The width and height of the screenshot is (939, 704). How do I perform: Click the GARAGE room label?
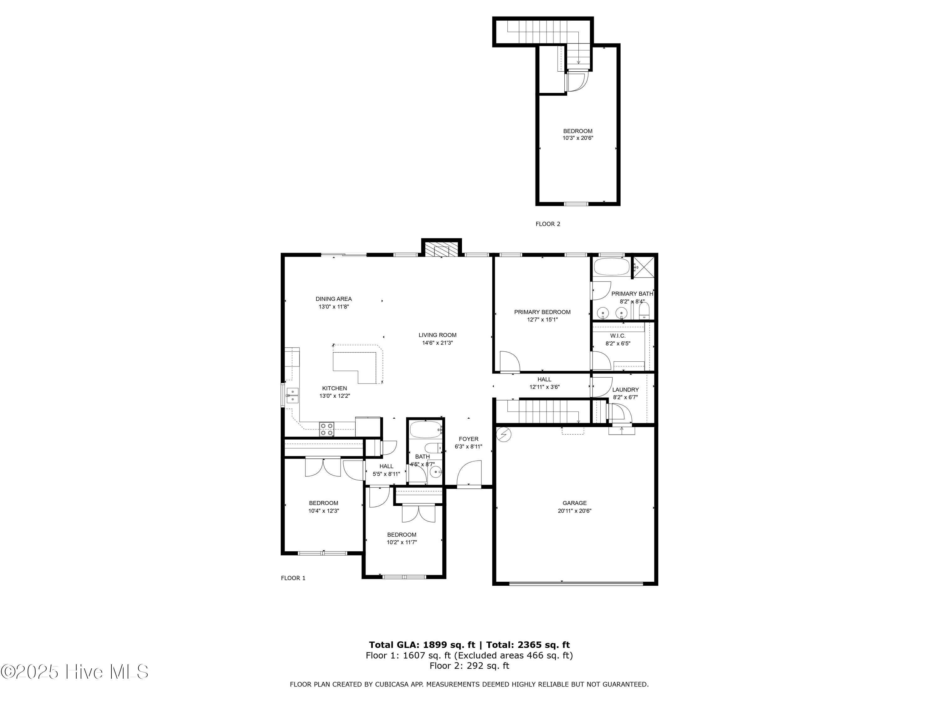[574, 503]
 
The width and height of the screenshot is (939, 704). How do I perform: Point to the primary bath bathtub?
[611, 267]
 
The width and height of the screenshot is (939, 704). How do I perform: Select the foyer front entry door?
[469, 474]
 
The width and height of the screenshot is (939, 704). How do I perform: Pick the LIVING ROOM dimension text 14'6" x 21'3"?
[437, 343]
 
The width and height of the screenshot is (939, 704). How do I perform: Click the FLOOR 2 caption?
[548, 224]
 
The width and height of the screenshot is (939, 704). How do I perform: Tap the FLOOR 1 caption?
[293, 578]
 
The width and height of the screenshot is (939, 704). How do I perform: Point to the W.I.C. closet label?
[618, 336]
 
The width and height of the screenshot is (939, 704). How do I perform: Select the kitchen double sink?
[292, 395]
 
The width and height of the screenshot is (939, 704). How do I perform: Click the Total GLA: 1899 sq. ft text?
[422, 645]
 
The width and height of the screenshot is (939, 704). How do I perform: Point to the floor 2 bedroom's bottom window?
[576, 204]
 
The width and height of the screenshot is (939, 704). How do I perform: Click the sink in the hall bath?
[436, 472]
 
